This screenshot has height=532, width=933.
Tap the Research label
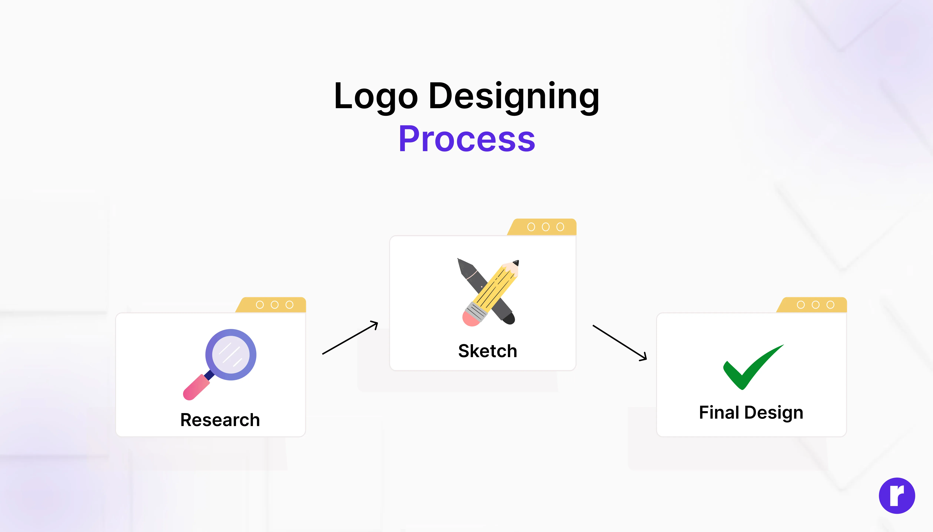[x=220, y=420]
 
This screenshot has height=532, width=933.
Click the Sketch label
[x=487, y=351]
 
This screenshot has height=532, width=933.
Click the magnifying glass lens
[x=231, y=354]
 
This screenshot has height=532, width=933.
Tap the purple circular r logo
[x=897, y=496]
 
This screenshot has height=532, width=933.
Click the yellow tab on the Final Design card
[x=812, y=305]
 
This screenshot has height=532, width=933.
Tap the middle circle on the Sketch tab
[x=546, y=227]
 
